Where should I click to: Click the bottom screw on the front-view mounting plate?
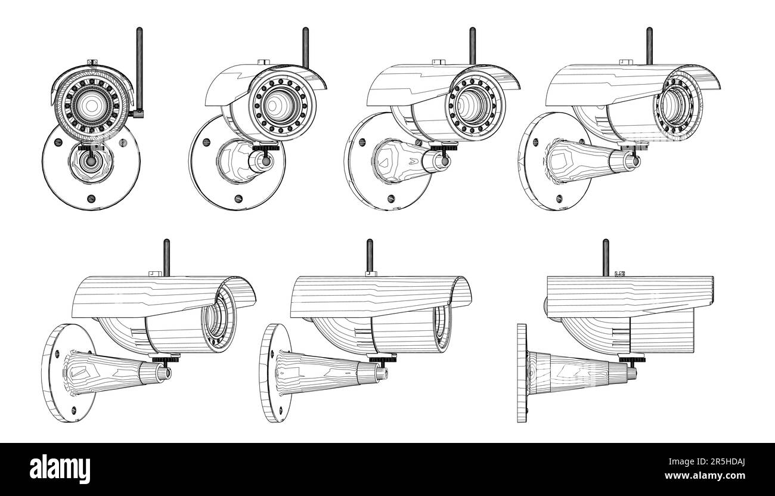[x=90, y=199]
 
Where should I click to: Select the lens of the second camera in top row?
[x=275, y=106]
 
